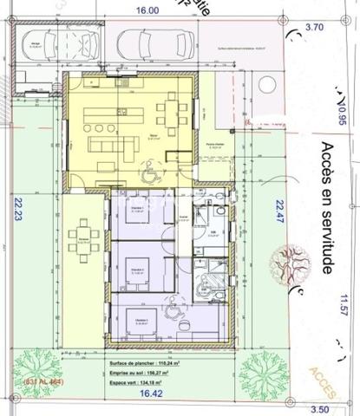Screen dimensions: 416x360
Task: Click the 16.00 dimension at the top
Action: [x=147, y=10]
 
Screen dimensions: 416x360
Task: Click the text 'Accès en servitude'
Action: [x=326, y=208]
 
